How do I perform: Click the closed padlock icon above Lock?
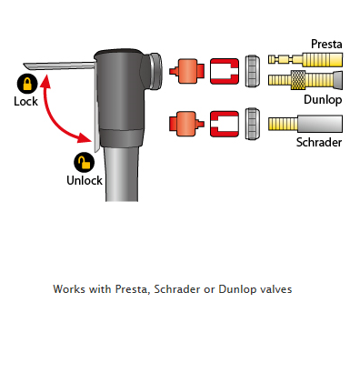(27, 84)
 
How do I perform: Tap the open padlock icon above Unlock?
(84, 163)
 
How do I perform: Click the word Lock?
(25, 101)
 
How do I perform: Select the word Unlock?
(85, 180)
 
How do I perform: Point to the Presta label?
(326, 45)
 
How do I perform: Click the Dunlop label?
(323, 100)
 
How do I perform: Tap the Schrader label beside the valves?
(319, 142)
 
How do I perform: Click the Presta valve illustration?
(305, 59)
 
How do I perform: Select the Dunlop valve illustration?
(305, 80)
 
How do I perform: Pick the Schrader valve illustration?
(305, 124)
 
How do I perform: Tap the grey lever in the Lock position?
(59, 66)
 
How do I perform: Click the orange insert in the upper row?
(186, 71)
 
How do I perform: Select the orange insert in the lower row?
(186, 124)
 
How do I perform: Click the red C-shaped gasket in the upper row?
(225, 71)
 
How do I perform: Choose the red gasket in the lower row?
(225, 124)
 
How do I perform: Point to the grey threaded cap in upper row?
(253, 71)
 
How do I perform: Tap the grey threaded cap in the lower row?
(253, 124)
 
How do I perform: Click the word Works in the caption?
(69, 289)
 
